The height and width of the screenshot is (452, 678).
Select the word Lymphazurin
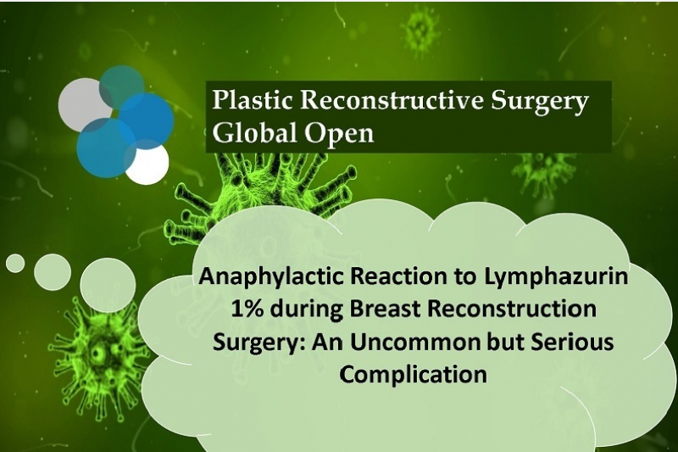pos(556,277)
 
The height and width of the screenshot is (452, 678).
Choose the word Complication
pos(413,375)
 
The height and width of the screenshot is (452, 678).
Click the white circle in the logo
pos(147,165)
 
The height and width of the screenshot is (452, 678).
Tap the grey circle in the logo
pos(82,105)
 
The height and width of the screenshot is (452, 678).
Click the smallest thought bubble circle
pos(15,264)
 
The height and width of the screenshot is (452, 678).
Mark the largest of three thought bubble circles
pos(108,286)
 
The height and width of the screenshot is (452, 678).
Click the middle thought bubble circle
pos(53,272)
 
